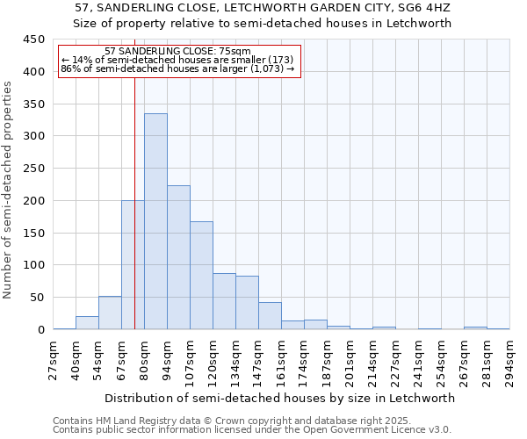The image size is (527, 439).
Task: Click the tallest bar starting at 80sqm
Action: point(155,221)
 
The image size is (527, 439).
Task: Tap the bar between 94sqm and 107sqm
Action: point(178,257)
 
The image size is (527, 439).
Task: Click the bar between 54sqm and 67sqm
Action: point(110,313)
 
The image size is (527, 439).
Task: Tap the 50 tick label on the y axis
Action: point(37,298)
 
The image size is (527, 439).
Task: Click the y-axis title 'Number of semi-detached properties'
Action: point(9,190)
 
